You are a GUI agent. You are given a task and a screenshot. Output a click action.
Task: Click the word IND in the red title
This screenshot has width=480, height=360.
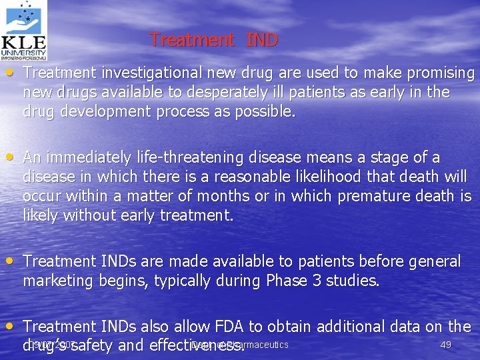[x=262, y=40]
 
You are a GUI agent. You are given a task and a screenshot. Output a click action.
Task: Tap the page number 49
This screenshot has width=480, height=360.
[x=447, y=345]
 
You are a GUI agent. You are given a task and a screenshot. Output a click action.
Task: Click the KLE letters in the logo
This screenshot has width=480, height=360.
[x=23, y=47]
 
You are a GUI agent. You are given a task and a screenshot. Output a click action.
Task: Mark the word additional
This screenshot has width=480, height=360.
[x=357, y=327]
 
